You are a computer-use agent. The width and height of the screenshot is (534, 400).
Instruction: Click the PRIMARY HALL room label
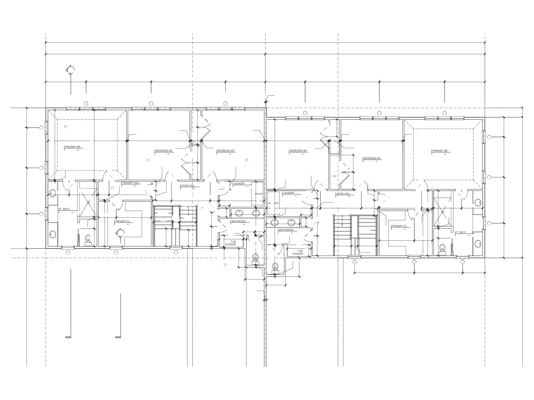point(131,183)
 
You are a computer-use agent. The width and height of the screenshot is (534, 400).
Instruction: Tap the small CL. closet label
point(335,176)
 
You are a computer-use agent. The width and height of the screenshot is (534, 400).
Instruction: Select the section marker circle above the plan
point(71,70)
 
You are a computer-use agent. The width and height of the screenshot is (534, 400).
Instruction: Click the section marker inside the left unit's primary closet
point(121,233)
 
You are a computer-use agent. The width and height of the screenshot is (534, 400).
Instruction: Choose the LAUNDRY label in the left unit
point(239,184)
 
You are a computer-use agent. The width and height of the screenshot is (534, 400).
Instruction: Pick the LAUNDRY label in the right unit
point(288,193)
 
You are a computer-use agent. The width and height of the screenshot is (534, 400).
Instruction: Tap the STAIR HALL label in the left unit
point(188,186)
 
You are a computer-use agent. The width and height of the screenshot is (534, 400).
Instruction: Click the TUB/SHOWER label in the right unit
point(298,252)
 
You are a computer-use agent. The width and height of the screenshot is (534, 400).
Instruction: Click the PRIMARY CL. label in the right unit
point(399,226)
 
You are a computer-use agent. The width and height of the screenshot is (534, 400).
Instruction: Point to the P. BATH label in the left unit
point(64,209)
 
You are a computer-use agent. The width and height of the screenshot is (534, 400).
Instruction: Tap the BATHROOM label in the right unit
point(286,230)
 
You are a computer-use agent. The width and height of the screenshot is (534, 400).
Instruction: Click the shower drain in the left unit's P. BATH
point(88,203)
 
